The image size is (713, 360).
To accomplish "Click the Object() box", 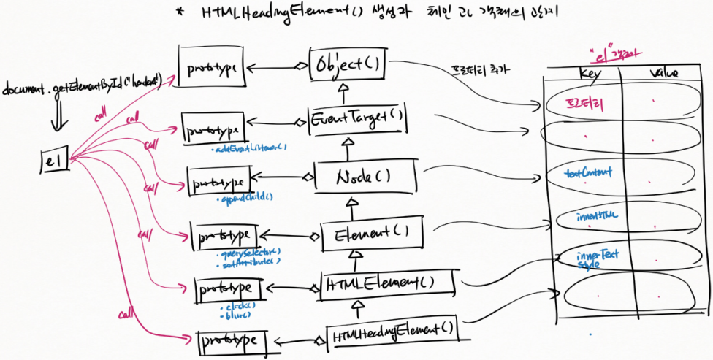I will coord(347,65).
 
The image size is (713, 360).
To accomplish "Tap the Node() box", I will coord(365,176).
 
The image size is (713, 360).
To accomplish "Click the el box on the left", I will coord(54,160).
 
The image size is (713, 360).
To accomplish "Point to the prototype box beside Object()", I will coord(210,67).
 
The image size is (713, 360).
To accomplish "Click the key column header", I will coord(589,74).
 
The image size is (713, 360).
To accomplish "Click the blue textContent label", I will coord(589,173).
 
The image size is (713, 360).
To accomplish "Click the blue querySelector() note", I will coord(250,252).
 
